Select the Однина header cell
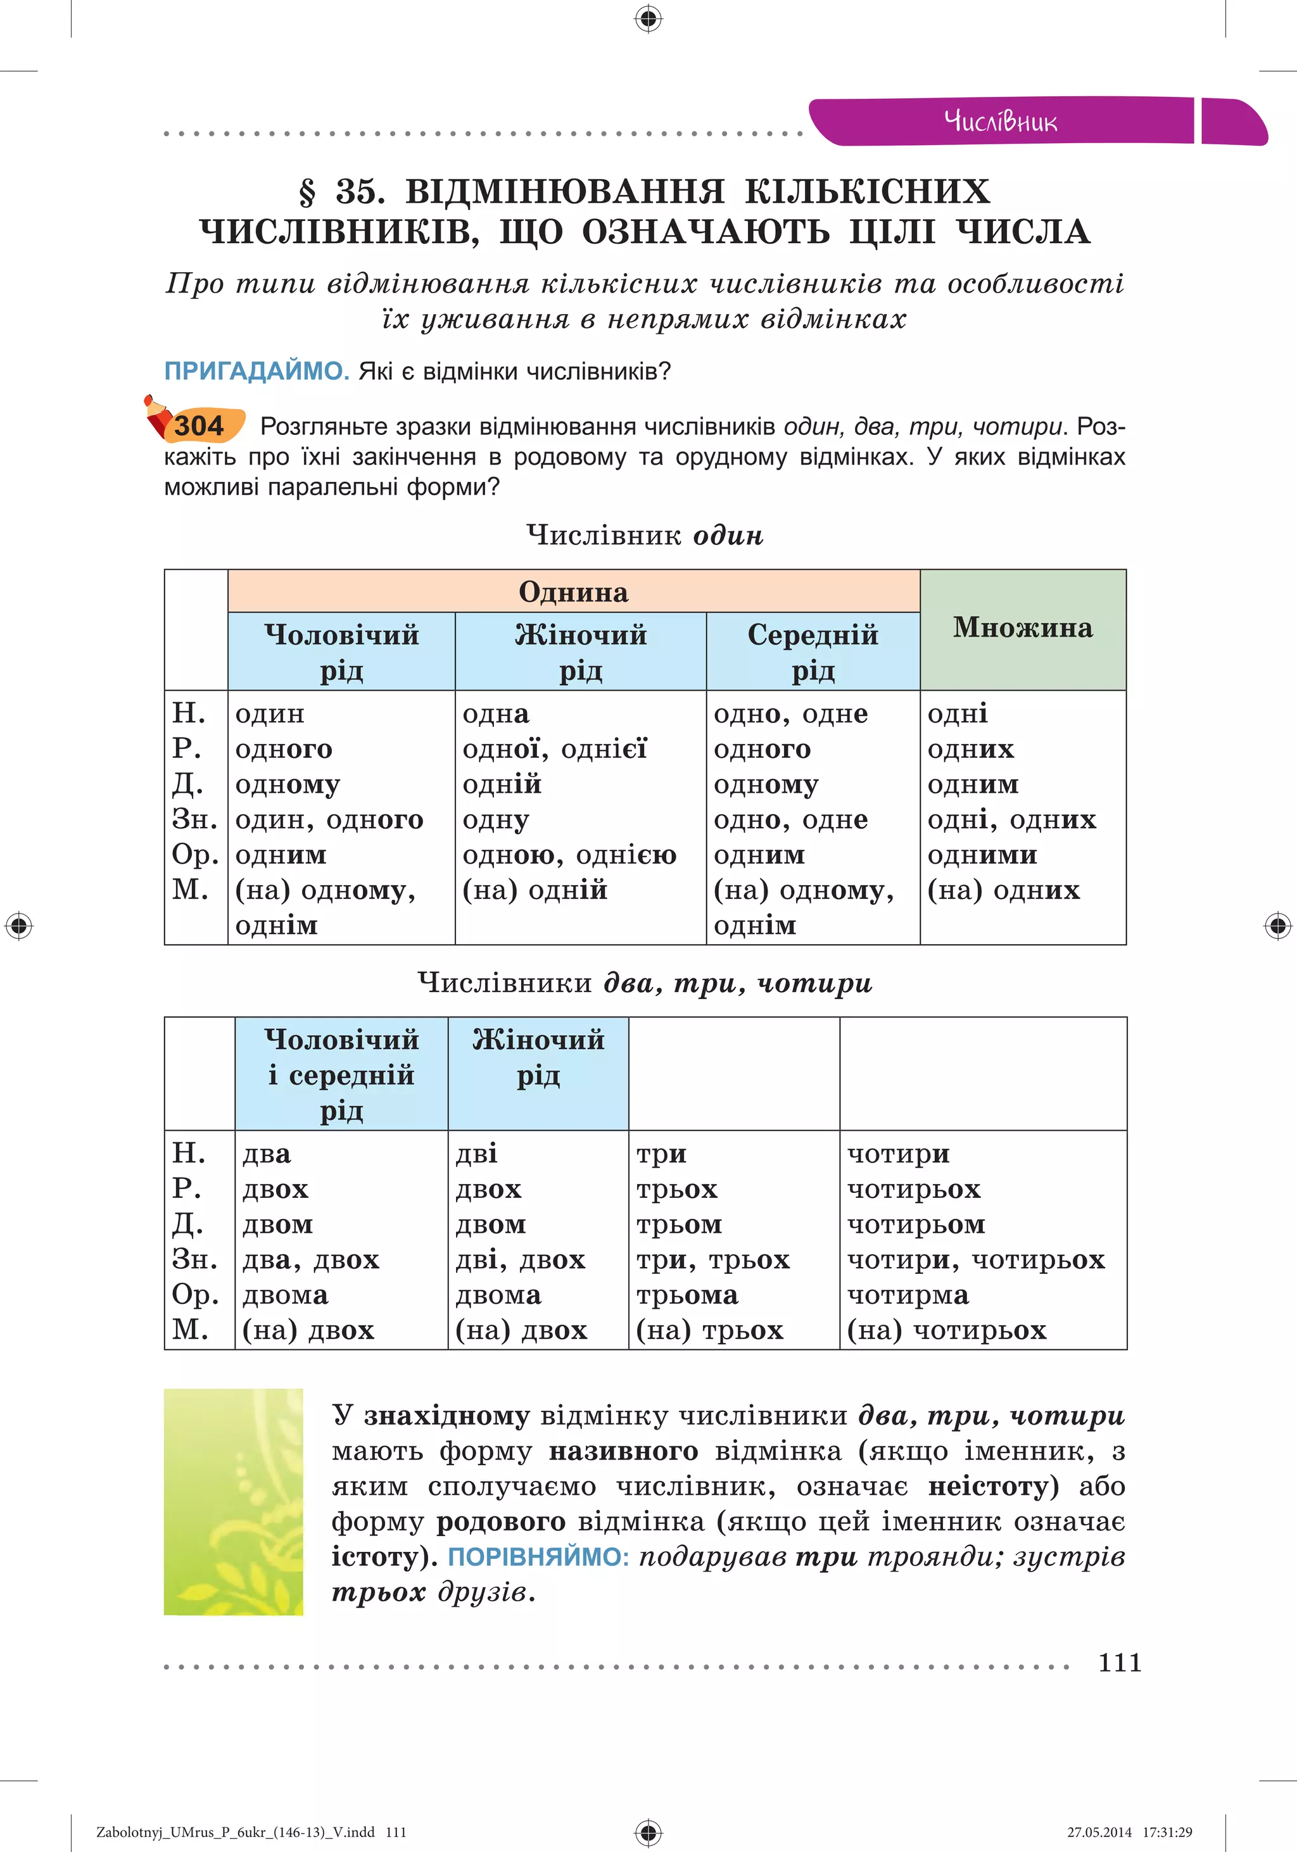point(574,591)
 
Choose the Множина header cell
point(1023,628)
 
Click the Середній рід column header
point(813,652)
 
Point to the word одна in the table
point(496,714)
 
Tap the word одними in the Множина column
point(982,855)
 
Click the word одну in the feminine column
point(495,821)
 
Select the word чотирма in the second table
point(908,1295)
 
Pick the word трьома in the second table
point(686,1295)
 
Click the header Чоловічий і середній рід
point(341,1074)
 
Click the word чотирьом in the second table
point(916,1225)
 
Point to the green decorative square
point(233,1501)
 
